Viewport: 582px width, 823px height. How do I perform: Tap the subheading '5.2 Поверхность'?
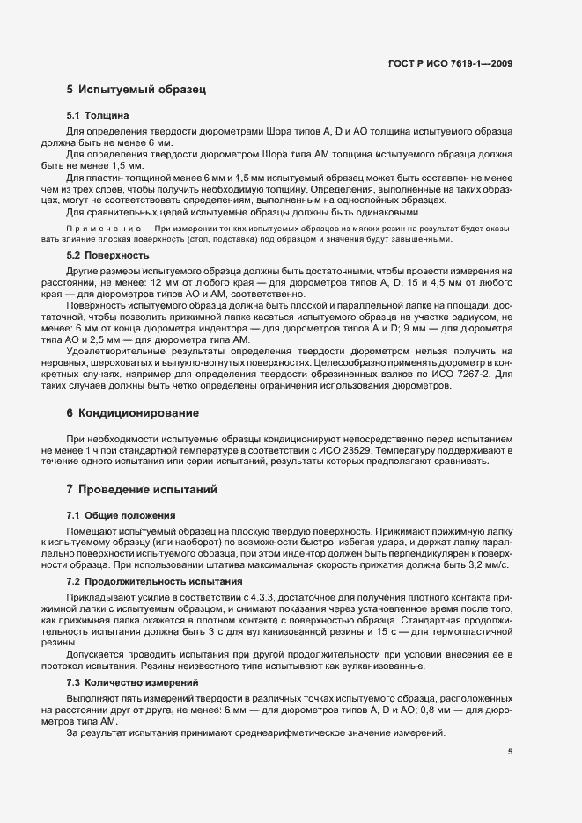point(108,255)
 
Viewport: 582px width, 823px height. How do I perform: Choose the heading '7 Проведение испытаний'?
point(142,489)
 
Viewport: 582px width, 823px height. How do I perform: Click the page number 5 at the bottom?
point(510,751)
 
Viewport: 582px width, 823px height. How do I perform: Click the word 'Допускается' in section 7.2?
point(93,654)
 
